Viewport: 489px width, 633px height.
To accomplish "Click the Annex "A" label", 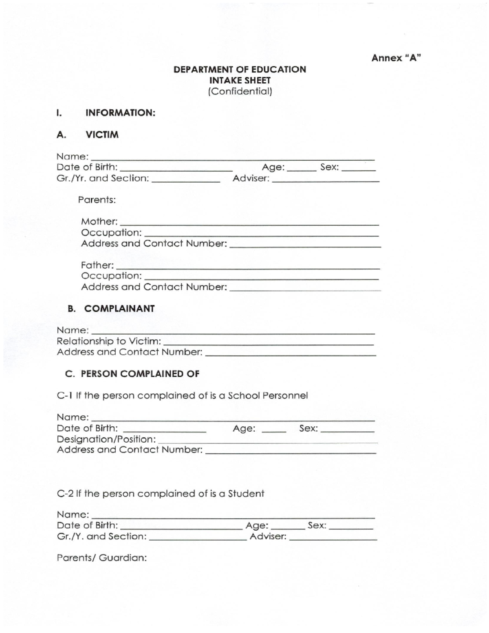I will pyautogui.click(x=396, y=58).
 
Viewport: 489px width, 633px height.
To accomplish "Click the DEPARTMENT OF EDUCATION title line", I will pyautogui.click(x=240, y=69).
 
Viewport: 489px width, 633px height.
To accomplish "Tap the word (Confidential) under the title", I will pyautogui.click(x=240, y=91).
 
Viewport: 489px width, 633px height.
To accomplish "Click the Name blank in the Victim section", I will pyautogui.click(x=232, y=157).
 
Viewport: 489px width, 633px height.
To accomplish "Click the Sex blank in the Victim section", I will pyautogui.click(x=359, y=168).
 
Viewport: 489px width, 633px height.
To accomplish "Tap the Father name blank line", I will pyautogui.click(x=248, y=266).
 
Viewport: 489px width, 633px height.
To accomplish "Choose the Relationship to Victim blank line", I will pyautogui.click(x=268, y=342).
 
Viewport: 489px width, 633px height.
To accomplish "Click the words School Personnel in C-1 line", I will pyautogui.click(x=268, y=395).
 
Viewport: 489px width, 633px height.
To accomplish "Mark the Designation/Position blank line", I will pyautogui.click(x=267, y=440).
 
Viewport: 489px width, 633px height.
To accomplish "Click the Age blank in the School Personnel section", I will pyautogui.click(x=274, y=430).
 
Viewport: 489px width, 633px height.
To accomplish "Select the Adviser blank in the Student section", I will pyautogui.click(x=333, y=538).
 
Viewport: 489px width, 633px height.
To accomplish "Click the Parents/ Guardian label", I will pyautogui.click(x=102, y=558).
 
